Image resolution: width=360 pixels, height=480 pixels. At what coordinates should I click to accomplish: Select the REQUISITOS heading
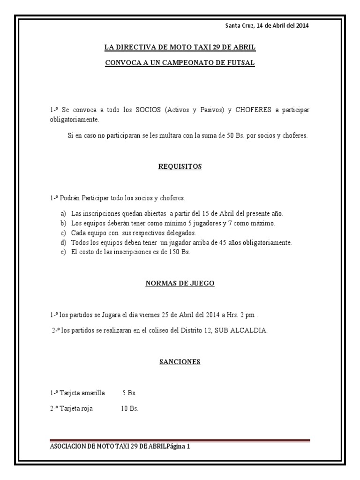point(180,166)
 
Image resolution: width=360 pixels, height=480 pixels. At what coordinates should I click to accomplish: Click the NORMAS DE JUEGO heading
point(180,283)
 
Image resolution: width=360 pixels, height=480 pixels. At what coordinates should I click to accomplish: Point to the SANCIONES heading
point(180,361)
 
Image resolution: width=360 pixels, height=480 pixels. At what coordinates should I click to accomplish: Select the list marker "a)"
point(62,214)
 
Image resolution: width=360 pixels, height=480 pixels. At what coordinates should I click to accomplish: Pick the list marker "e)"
point(62,252)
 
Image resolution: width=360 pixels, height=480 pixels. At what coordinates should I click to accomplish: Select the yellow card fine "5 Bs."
point(129,392)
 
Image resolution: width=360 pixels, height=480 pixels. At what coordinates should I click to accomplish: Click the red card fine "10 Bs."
point(129,408)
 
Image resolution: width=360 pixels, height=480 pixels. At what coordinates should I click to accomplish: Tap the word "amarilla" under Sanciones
point(92,392)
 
